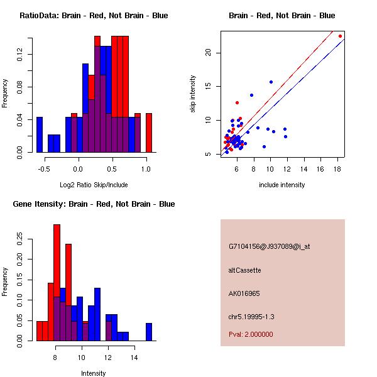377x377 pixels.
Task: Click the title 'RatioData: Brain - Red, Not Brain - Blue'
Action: pyautogui.click(x=94, y=15)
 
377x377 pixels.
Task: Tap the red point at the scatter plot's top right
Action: pyautogui.click(x=340, y=36)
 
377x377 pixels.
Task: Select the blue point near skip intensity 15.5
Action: pyautogui.click(x=271, y=82)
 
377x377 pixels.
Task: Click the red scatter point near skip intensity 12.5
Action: pyautogui.click(x=237, y=102)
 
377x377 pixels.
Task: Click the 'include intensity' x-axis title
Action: pyautogui.click(x=282, y=185)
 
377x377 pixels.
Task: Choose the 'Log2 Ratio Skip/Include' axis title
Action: pyautogui.click(x=94, y=185)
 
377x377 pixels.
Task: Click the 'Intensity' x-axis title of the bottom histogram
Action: pyautogui.click(x=94, y=373)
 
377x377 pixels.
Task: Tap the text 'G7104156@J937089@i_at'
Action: pyautogui.click(x=269, y=246)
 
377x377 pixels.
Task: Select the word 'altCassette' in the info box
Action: pyautogui.click(x=244, y=270)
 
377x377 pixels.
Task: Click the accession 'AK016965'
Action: pyautogui.click(x=244, y=293)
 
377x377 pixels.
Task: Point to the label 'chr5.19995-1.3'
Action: pyautogui.click(x=251, y=317)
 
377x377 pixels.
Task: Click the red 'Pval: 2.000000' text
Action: pyautogui.click(x=251, y=334)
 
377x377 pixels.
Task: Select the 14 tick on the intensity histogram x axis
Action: pyautogui.click(x=134, y=358)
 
